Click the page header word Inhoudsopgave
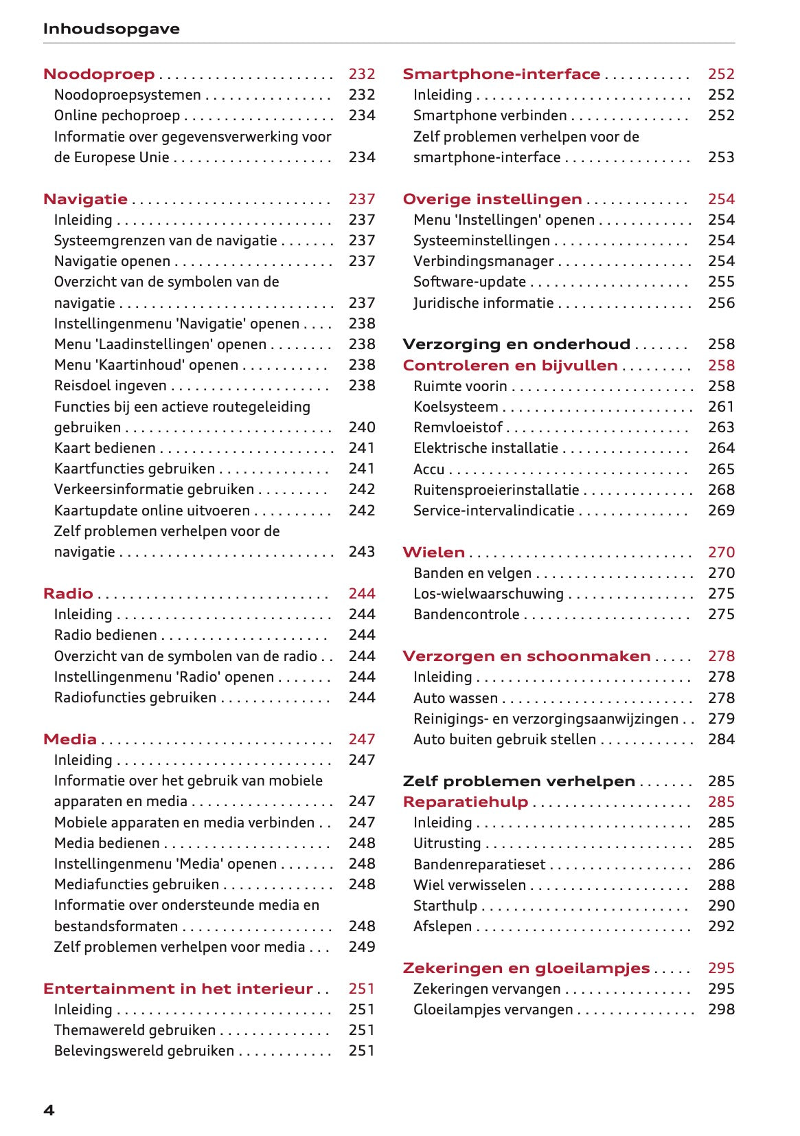[111, 29]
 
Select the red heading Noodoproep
[99, 74]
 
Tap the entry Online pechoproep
[117, 115]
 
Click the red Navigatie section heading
[85, 199]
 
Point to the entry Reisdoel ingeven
[110, 386]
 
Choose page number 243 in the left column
[361, 552]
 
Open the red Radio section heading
[68, 594]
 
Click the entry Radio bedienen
[105, 635]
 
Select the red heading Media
[70, 739]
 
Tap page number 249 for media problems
[361, 947]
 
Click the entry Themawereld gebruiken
[135, 1030]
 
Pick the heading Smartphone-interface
[501, 74]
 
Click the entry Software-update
[469, 282]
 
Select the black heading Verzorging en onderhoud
[516, 344]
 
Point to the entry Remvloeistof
[457, 427]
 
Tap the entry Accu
[428, 469]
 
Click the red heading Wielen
[433, 553]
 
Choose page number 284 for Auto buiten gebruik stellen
[721, 739]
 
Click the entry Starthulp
[445, 906]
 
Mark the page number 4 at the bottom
[49, 1110]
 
